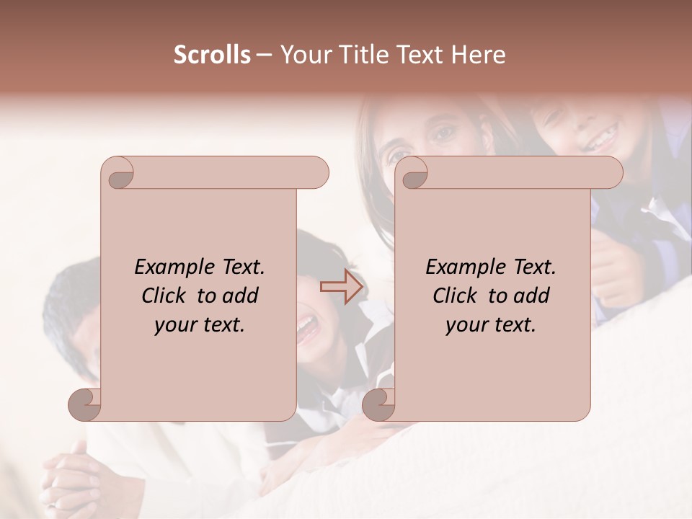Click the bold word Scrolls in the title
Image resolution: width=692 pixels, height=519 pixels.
(x=212, y=55)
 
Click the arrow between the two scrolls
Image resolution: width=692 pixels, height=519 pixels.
(x=342, y=287)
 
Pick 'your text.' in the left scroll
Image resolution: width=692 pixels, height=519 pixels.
(x=200, y=325)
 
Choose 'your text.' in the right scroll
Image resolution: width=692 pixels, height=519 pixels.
(x=491, y=325)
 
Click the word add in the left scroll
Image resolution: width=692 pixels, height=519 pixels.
(x=241, y=296)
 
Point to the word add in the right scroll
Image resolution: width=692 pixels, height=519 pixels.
(x=532, y=296)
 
